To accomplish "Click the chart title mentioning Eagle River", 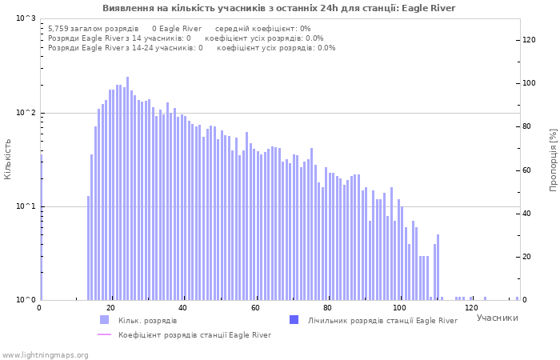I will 279,8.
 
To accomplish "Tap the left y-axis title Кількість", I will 8,158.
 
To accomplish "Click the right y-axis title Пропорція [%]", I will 553,159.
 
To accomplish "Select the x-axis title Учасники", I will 497,318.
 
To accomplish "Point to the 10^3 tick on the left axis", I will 26,18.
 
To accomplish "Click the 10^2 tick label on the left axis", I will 26,113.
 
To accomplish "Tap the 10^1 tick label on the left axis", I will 26,206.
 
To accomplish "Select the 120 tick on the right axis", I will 530,40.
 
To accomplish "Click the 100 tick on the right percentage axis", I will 530,83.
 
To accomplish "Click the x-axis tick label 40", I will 183,308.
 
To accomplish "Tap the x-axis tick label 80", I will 327,308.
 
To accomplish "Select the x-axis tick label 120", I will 471,308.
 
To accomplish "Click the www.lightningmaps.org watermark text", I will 44,354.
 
